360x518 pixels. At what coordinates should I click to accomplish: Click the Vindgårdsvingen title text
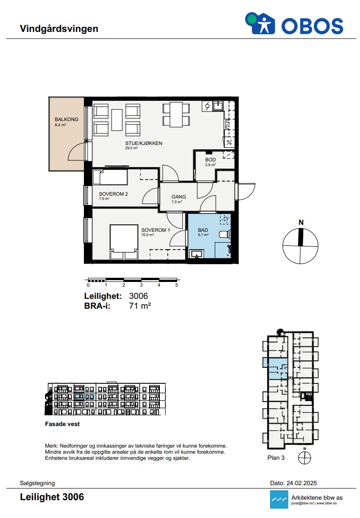click(x=59, y=29)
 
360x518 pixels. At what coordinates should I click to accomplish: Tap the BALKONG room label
click(x=67, y=119)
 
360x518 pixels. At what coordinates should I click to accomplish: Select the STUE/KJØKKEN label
click(x=143, y=143)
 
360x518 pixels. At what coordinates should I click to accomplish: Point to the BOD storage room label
click(x=210, y=160)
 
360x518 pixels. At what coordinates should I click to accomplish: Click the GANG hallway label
click(x=179, y=197)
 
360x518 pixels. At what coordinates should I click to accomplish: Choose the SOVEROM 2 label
click(x=113, y=194)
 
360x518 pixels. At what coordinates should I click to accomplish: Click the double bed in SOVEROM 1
click(x=124, y=242)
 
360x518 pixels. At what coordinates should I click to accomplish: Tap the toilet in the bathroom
click(x=225, y=234)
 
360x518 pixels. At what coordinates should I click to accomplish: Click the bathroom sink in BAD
click(x=197, y=254)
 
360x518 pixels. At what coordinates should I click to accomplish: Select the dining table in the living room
click(x=176, y=114)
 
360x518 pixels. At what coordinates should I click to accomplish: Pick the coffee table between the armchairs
click(x=117, y=120)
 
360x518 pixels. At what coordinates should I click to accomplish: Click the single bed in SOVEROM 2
click(x=110, y=177)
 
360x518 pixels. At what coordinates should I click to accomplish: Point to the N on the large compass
click(x=301, y=222)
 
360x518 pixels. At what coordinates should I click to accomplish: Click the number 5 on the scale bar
click(x=177, y=285)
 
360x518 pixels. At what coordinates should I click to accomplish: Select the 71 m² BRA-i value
click(x=140, y=306)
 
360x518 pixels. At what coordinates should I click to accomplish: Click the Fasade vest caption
click(x=62, y=424)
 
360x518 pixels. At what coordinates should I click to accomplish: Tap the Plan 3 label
click(x=276, y=457)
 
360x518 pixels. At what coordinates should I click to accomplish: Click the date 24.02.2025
click(x=301, y=483)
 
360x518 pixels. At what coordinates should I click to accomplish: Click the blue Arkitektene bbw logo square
click(x=279, y=500)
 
